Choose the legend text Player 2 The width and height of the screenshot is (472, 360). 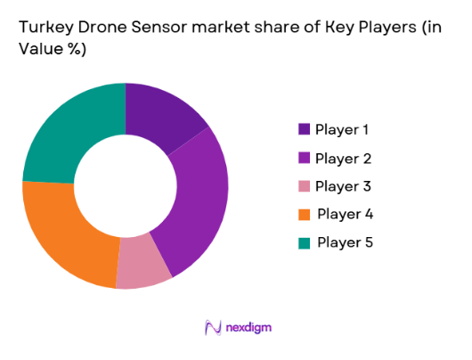[343, 159]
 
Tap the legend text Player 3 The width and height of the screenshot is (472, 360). [343, 186]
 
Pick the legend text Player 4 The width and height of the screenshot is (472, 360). [345, 215]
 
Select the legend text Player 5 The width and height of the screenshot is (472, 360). [345, 242]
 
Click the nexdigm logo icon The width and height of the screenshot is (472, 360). [213, 327]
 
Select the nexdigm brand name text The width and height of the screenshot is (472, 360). [248, 327]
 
